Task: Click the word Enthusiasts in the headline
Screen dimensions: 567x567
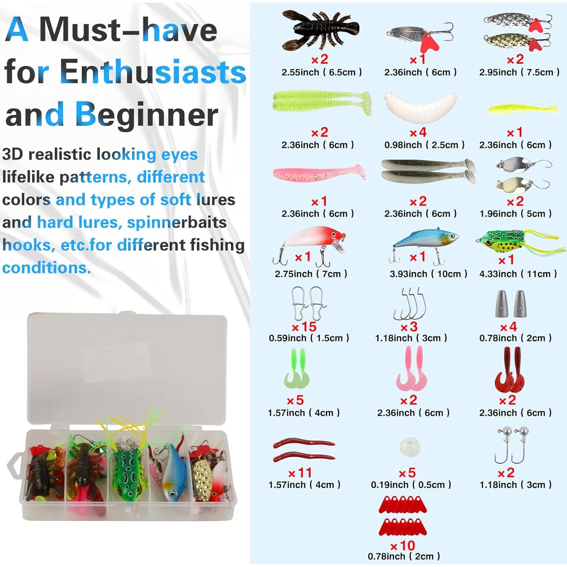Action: tap(153, 72)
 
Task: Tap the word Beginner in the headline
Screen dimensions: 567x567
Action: tap(146, 115)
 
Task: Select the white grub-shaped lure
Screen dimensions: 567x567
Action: tap(420, 107)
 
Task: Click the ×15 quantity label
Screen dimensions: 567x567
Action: tap(304, 327)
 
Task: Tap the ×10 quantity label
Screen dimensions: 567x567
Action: tap(403, 545)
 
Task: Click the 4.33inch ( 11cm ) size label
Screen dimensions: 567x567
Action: tap(518, 274)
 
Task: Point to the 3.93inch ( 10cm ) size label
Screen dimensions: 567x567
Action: tap(428, 274)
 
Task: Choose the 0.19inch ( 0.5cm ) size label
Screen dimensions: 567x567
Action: tap(411, 485)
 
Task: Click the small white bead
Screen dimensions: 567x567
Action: tap(410, 447)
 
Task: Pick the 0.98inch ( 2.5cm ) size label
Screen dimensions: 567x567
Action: tap(424, 145)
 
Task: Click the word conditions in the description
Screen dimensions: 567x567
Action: tap(46, 268)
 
